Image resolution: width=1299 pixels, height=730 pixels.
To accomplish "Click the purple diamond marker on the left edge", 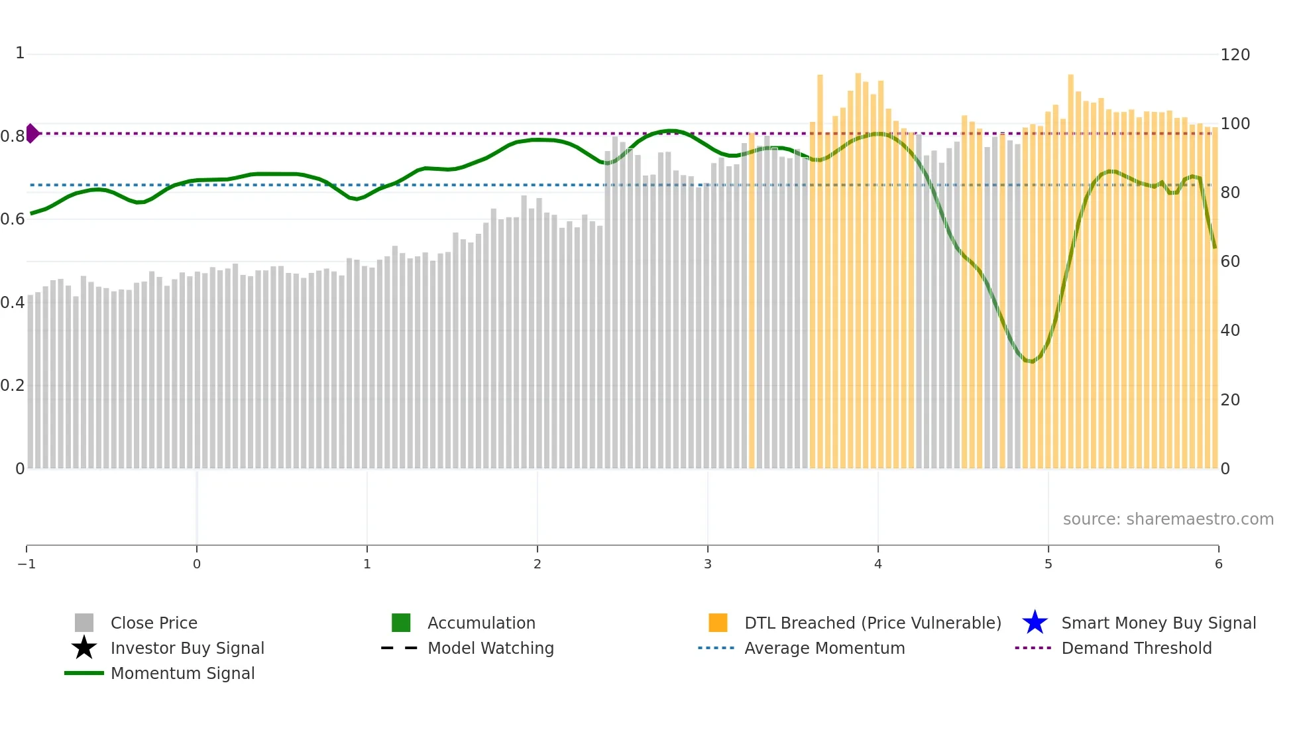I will pyautogui.click(x=32, y=133).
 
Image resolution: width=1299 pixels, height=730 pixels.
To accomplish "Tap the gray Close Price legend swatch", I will pyautogui.click(x=84, y=623).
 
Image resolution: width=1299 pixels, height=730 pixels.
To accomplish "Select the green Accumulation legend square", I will pyautogui.click(x=401, y=623).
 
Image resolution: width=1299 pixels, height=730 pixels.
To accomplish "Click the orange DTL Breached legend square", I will pyautogui.click(x=718, y=623).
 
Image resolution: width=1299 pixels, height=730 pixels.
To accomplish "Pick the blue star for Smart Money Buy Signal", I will pyautogui.click(x=1035, y=623).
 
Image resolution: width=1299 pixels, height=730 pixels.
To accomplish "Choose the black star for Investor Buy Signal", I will pyautogui.click(x=84, y=648).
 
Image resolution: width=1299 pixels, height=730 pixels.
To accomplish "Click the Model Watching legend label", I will pyautogui.click(x=490, y=648).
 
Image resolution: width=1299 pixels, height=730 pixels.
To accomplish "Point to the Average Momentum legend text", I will pyautogui.click(x=824, y=648).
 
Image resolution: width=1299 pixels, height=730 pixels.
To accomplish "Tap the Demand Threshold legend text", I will pyautogui.click(x=1136, y=648).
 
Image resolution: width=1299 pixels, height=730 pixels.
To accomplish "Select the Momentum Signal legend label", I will pyautogui.click(x=182, y=673).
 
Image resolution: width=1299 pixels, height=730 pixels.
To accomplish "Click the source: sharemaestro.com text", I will pyautogui.click(x=1168, y=519).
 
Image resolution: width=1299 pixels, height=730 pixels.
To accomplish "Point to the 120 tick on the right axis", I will pyautogui.click(x=1235, y=54).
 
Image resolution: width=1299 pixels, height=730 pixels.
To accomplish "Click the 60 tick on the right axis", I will pyautogui.click(x=1230, y=261).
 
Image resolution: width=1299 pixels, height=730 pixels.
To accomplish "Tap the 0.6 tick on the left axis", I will pyautogui.click(x=13, y=219).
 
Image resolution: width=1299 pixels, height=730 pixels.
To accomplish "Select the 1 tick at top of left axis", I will pyautogui.click(x=20, y=53).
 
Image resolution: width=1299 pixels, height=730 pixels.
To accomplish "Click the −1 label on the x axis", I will pyautogui.click(x=27, y=564).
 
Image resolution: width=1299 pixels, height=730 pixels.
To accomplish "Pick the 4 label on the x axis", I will pyautogui.click(x=878, y=564).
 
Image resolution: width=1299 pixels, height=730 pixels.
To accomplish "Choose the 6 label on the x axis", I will pyautogui.click(x=1218, y=564).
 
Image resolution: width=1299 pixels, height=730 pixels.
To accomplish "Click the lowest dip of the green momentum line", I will pyautogui.click(x=1031, y=361).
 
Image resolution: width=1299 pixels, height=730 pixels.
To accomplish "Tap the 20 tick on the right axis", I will pyautogui.click(x=1230, y=399).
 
